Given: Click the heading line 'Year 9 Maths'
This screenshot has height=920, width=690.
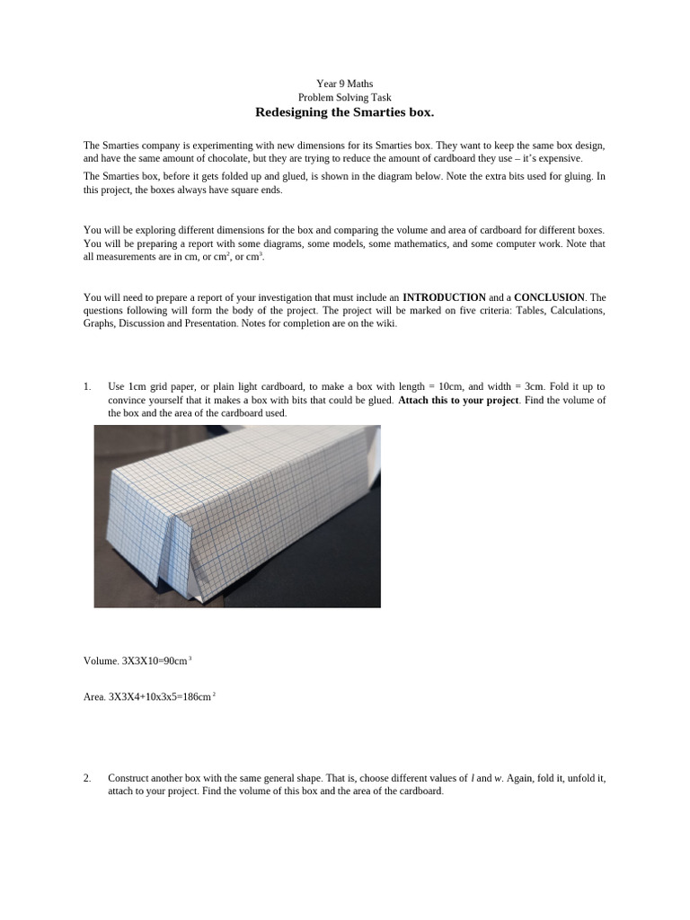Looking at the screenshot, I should [x=344, y=84].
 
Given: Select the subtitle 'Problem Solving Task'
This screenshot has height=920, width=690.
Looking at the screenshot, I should [x=344, y=97].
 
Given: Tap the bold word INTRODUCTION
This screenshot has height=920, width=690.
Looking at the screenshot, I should [x=444, y=297].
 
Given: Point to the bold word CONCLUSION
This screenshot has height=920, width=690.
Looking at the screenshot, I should [x=549, y=297].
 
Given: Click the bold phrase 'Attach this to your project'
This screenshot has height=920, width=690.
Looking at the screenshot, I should [x=457, y=400].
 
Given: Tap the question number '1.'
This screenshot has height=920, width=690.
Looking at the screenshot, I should [x=88, y=386].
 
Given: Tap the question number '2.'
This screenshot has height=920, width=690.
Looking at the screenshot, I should [x=88, y=778].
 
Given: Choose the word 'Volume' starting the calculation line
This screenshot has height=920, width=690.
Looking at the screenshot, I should [x=100, y=661].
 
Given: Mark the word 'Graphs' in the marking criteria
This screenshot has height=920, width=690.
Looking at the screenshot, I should [x=99, y=324].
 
